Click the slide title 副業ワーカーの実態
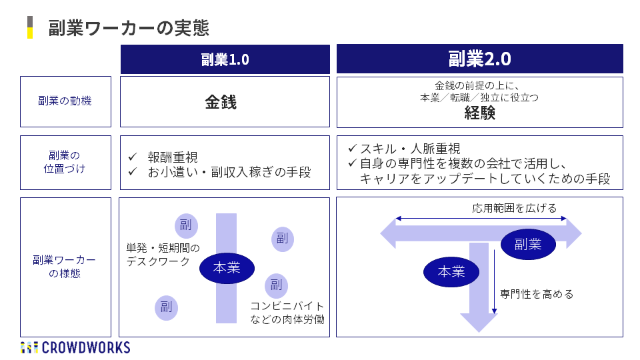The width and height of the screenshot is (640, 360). (128, 28)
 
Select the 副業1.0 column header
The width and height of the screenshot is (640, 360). (225, 59)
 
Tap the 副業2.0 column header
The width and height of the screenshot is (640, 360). (479, 59)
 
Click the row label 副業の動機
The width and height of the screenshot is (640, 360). (65, 101)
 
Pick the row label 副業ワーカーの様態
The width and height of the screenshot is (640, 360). (65, 266)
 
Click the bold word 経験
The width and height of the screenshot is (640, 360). (480, 113)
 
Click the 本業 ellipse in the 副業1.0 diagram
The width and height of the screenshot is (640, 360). (227, 268)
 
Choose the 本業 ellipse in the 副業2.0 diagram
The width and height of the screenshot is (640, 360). (451, 272)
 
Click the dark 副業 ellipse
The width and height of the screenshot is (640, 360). (527, 245)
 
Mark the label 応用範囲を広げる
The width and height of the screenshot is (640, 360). (514, 208)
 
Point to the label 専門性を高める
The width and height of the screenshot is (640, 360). (537, 293)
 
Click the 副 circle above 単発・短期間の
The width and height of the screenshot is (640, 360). (186, 225)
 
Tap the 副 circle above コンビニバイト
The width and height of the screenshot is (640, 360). (275, 286)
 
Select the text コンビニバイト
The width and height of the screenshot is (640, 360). (287, 306)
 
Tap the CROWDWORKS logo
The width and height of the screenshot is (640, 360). (75, 347)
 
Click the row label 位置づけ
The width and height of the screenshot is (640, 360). (65, 169)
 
